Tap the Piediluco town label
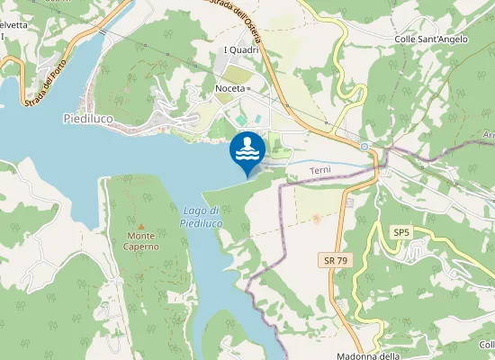pyautogui.click(x=88, y=118)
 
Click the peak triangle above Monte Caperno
pyautogui.click(x=140, y=225)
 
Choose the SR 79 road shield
pyautogui.click(x=334, y=259)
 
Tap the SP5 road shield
pyautogui.click(x=400, y=232)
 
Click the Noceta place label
pyautogui.click(x=231, y=88)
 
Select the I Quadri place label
pyautogui.click(x=241, y=49)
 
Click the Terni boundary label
pyautogui.click(x=321, y=170)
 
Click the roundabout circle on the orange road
pyautogui.click(x=364, y=146)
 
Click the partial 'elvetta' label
pyautogui.click(x=13, y=24)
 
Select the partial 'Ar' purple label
pyautogui.click(x=489, y=135)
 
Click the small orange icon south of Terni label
pyautogui.click(x=316, y=217)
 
